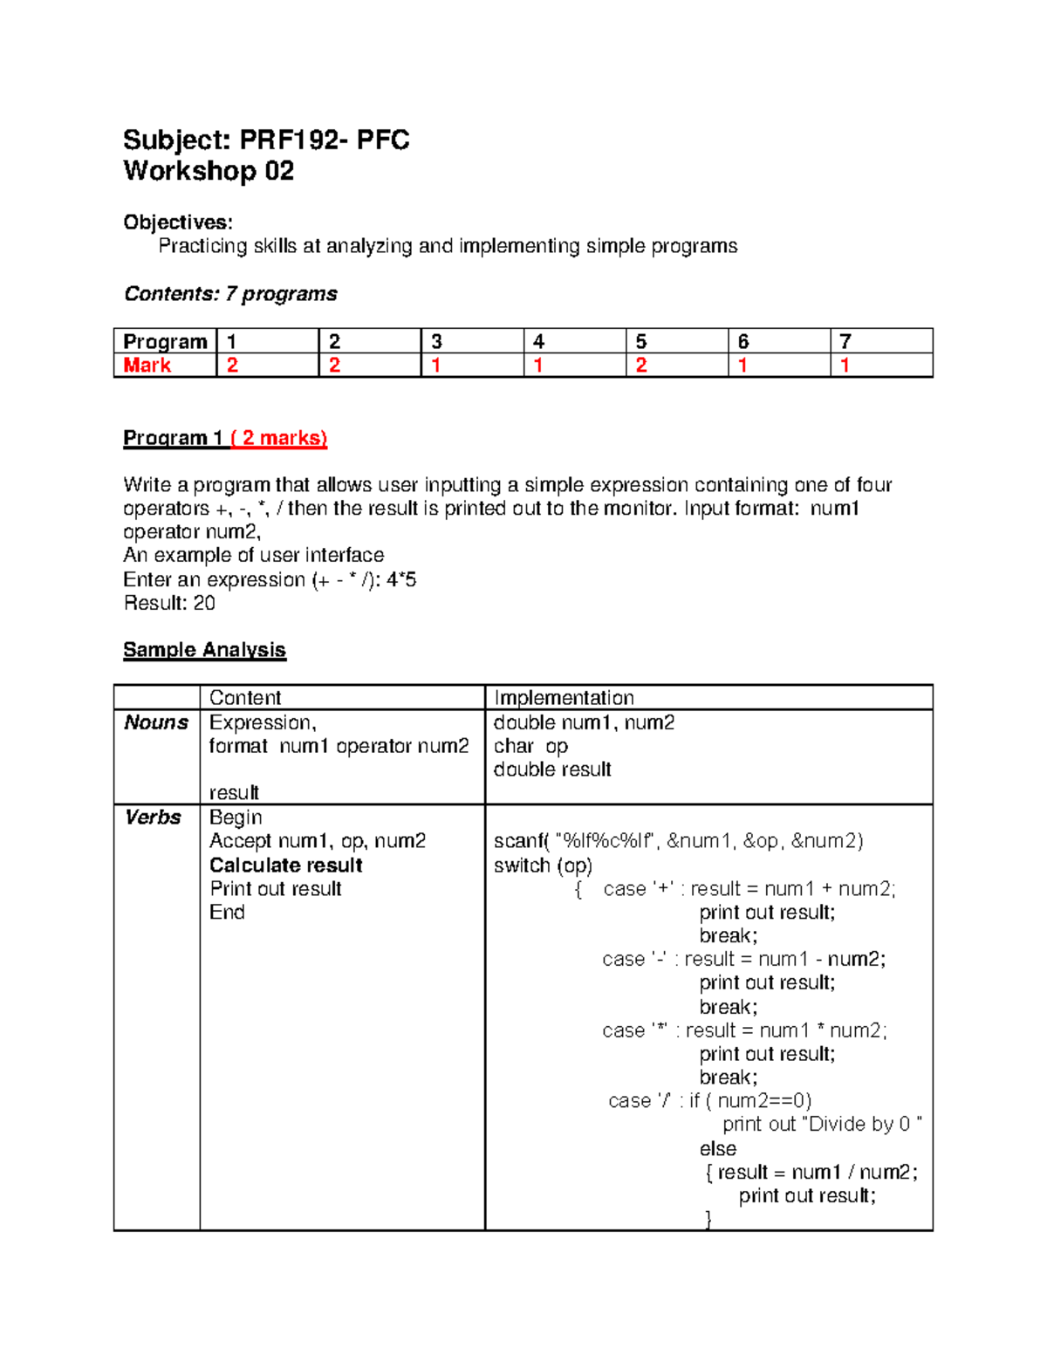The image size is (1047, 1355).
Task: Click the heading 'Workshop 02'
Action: pyautogui.click(x=209, y=171)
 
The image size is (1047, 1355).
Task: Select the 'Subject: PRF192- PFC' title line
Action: pyautogui.click(x=266, y=140)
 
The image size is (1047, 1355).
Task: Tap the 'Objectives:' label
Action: pyautogui.click(x=178, y=222)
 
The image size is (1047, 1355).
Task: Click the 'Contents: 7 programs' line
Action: pyautogui.click(x=230, y=294)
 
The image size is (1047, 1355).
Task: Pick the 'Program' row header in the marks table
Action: pyautogui.click(x=165, y=341)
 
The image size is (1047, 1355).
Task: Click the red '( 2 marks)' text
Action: pyautogui.click(x=279, y=438)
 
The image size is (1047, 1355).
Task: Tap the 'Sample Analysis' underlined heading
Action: pyautogui.click(x=204, y=650)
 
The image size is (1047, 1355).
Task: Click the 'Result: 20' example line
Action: pyautogui.click(x=169, y=603)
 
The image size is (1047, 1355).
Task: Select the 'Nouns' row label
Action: pyautogui.click(x=156, y=722)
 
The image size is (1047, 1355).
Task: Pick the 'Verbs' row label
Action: pyautogui.click(x=153, y=818)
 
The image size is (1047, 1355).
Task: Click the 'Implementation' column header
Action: pyautogui.click(x=564, y=698)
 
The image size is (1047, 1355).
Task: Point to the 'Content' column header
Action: pyautogui.click(x=245, y=698)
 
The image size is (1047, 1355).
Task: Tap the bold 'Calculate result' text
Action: pyautogui.click(x=286, y=866)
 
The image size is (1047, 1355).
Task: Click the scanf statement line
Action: pyautogui.click(x=678, y=841)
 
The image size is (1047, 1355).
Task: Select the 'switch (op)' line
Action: pyautogui.click(x=543, y=866)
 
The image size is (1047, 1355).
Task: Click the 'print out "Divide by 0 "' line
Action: pyautogui.click(x=822, y=1125)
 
